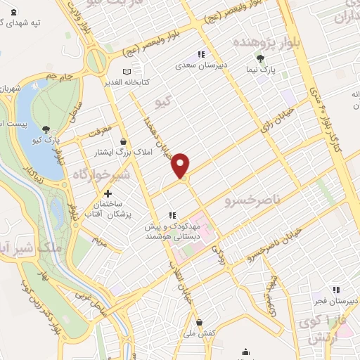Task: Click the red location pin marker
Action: point(181,165)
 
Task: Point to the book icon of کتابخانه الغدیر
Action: point(127,72)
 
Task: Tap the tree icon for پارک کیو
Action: point(46,129)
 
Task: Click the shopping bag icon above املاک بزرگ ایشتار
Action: point(124,140)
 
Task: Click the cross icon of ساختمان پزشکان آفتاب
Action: point(107,193)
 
